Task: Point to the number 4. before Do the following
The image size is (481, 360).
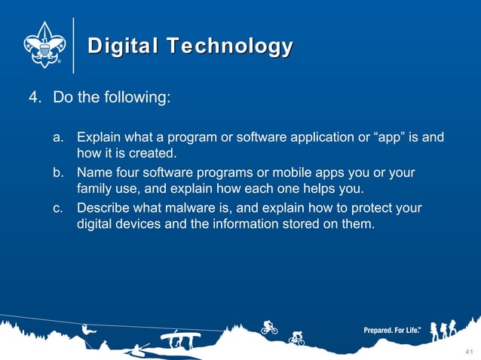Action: (35, 99)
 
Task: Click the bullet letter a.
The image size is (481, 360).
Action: (58, 139)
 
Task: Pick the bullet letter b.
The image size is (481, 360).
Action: (58, 173)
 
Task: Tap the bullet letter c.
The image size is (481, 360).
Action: (58, 208)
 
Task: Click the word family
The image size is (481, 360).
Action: (95, 188)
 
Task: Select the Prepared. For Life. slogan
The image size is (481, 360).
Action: (392, 331)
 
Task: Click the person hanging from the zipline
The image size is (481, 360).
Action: (88, 331)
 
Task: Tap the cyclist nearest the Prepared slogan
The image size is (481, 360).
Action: (296, 339)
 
